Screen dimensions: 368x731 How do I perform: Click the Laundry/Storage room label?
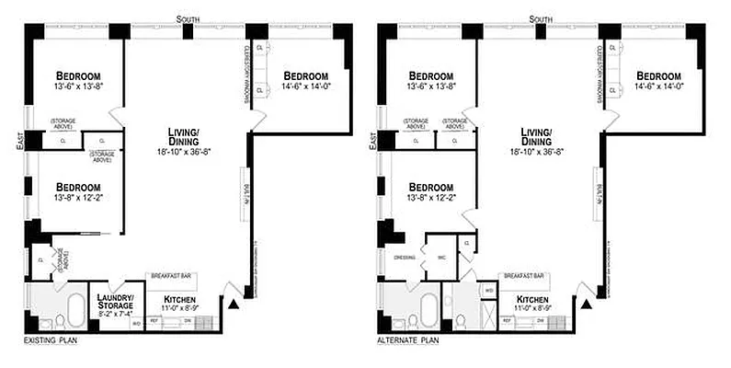(115, 301)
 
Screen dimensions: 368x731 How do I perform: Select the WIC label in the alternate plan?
(441, 258)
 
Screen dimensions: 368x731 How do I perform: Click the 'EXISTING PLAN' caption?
(48, 340)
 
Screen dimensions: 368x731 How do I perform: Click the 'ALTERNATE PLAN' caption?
(407, 340)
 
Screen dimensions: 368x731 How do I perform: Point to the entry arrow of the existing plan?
(234, 303)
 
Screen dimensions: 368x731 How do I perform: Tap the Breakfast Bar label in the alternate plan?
(525, 274)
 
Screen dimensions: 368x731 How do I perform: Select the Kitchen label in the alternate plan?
(532, 300)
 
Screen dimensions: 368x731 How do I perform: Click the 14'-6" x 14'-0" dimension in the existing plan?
(305, 87)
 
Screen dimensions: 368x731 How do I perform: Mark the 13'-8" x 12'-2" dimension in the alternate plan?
(431, 197)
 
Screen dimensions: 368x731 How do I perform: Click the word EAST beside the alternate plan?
(372, 141)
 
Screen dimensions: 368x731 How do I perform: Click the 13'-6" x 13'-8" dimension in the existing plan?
(78, 87)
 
